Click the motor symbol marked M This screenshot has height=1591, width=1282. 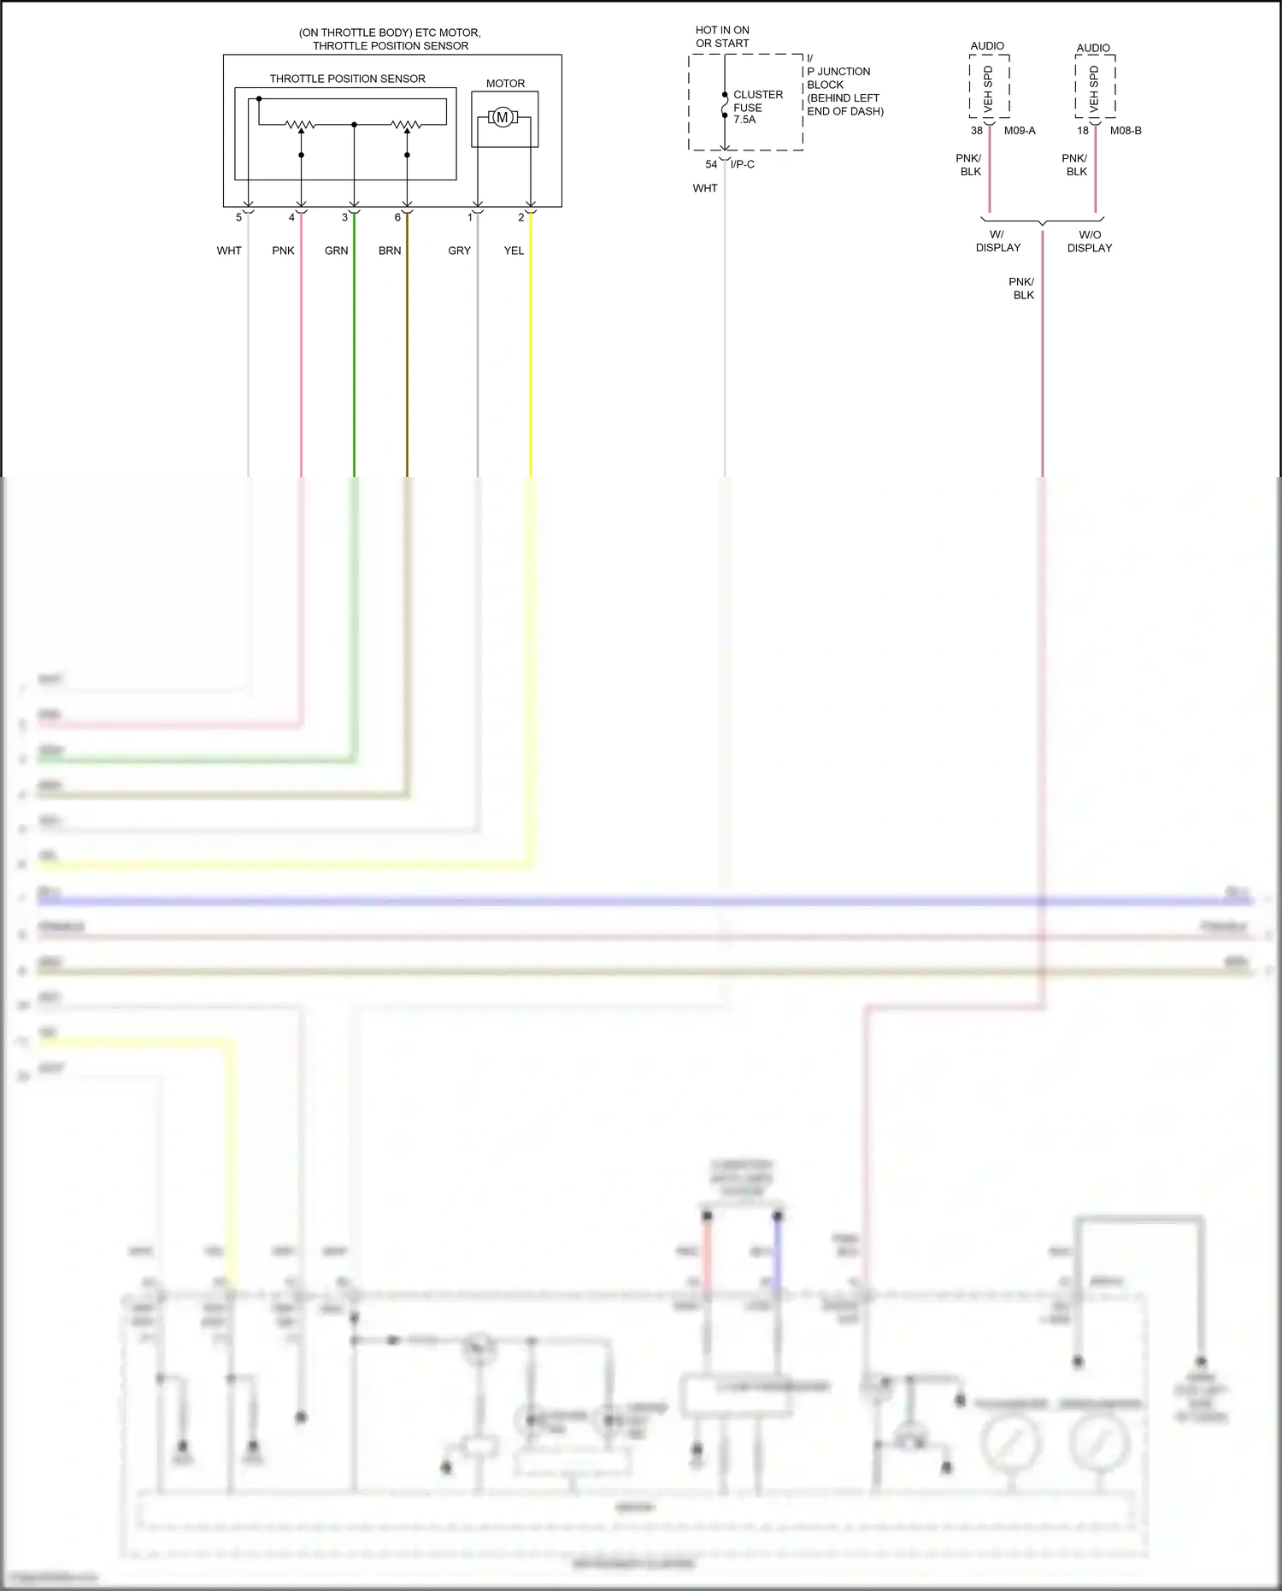(503, 118)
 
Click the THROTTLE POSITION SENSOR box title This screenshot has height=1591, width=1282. (347, 79)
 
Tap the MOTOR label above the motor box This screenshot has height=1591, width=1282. (505, 84)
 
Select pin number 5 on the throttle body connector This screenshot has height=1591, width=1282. (239, 217)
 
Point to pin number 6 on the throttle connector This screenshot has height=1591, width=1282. (397, 217)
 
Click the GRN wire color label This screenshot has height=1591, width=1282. (336, 250)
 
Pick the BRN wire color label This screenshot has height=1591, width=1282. (390, 250)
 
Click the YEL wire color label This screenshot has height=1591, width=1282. (514, 250)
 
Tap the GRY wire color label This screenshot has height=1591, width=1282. (459, 250)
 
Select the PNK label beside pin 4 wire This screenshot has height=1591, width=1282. (283, 250)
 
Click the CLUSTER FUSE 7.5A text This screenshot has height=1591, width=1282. (757, 107)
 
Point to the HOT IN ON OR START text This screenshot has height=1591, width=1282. (722, 36)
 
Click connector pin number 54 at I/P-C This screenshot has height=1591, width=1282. (711, 164)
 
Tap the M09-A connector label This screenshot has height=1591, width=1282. (1020, 131)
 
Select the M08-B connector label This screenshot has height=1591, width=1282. (1126, 131)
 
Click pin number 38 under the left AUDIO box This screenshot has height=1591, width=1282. (976, 131)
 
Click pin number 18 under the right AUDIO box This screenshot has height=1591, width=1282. (1083, 131)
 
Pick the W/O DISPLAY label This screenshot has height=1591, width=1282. (1090, 241)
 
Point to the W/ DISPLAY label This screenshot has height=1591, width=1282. (997, 241)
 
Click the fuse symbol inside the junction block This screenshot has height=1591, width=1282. (725, 105)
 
